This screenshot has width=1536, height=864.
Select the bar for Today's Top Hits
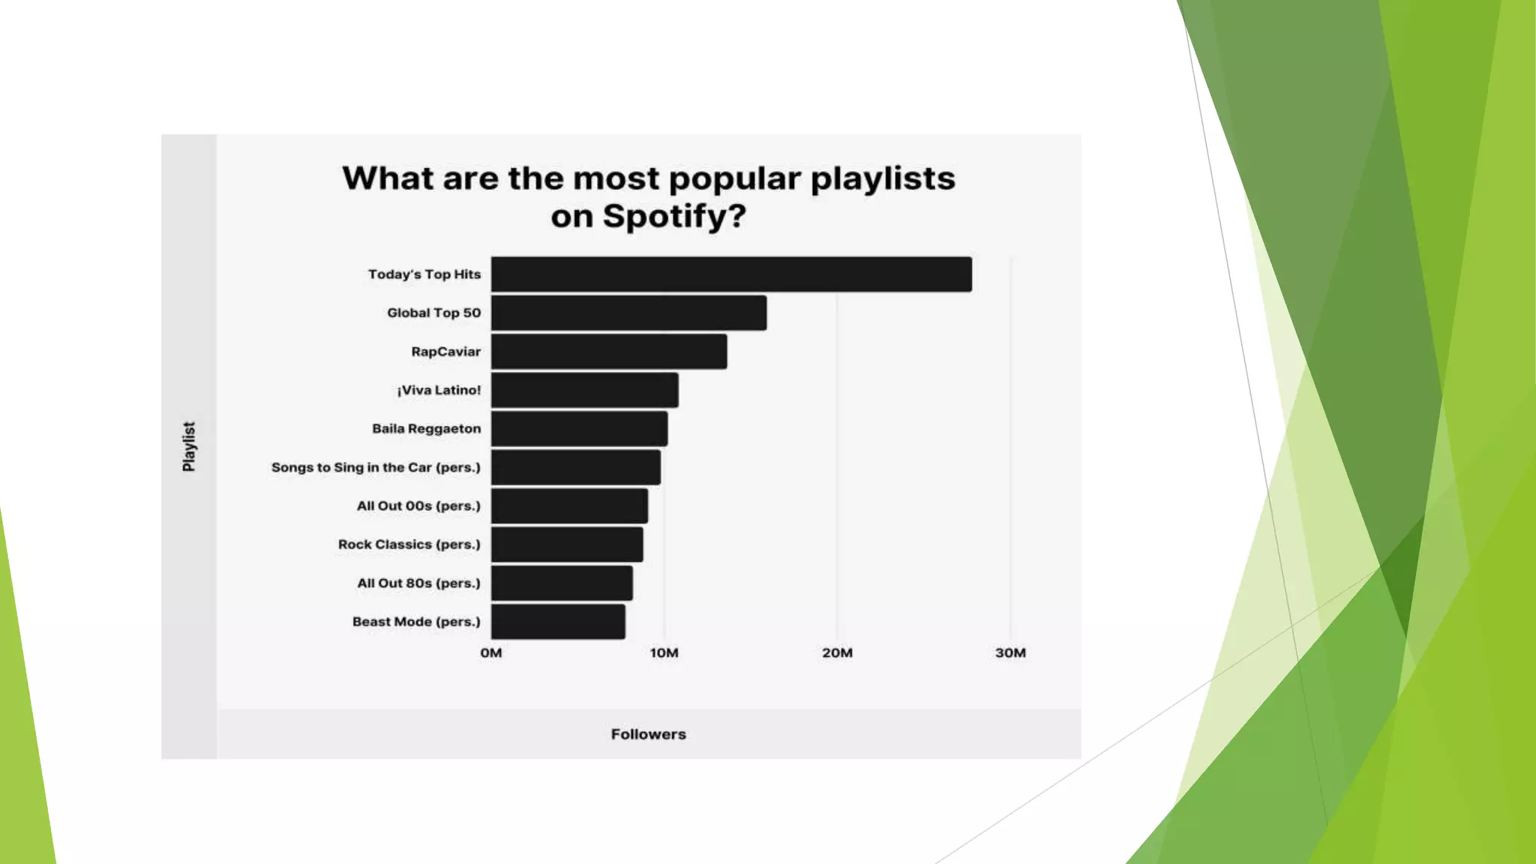(x=731, y=274)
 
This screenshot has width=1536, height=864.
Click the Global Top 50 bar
(x=628, y=313)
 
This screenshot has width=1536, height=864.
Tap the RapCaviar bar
(x=609, y=352)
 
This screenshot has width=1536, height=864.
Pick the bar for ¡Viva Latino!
(x=584, y=390)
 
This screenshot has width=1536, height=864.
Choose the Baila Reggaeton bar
(x=579, y=429)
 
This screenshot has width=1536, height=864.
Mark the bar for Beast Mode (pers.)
(x=558, y=622)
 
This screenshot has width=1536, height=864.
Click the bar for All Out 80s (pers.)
(x=562, y=583)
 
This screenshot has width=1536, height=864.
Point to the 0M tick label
(x=491, y=653)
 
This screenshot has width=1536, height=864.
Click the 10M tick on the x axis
(x=664, y=653)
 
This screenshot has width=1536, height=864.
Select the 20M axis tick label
(x=837, y=653)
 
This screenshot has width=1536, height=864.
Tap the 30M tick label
(x=1010, y=653)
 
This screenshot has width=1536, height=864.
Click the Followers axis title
(x=648, y=734)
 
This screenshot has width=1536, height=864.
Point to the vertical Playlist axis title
(x=189, y=446)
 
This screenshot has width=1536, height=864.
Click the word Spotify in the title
(x=673, y=217)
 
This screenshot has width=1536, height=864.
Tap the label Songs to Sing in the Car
(x=376, y=467)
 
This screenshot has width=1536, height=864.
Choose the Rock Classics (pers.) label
(x=409, y=544)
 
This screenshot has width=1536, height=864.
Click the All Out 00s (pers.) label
(x=418, y=506)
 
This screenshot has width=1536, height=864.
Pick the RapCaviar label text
(x=445, y=352)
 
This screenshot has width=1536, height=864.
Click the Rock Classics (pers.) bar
(x=567, y=544)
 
